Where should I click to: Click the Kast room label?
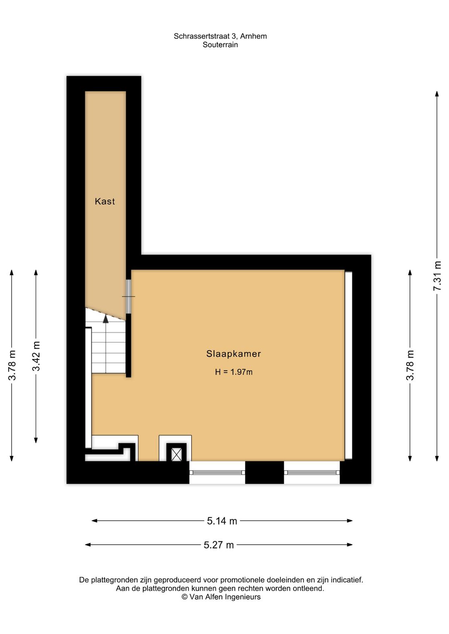pyautogui.click(x=105, y=202)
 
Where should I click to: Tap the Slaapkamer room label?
pyautogui.click(x=233, y=354)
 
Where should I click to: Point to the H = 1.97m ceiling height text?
pyautogui.click(x=233, y=372)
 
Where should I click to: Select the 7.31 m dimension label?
pyautogui.click(x=437, y=276)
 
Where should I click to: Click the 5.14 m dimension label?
pyautogui.click(x=222, y=521)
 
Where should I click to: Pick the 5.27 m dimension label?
pyautogui.click(x=219, y=545)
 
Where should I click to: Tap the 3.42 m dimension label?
pyautogui.click(x=36, y=356)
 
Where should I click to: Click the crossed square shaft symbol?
pyautogui.click(x=177, y=455)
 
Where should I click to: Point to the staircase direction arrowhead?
pyautogui.click(x=106, y=319)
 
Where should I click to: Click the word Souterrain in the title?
pyautogui.click(x=220, y=45)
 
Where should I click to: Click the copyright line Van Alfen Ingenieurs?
pyautogui.click(x=221, y=597)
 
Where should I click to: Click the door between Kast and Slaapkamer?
pyautogui.click(x=128, y=296)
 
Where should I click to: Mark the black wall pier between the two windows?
pyautogui.click(x=264, y=472)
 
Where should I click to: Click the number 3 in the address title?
pyautogui.click(x=233, y=36)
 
